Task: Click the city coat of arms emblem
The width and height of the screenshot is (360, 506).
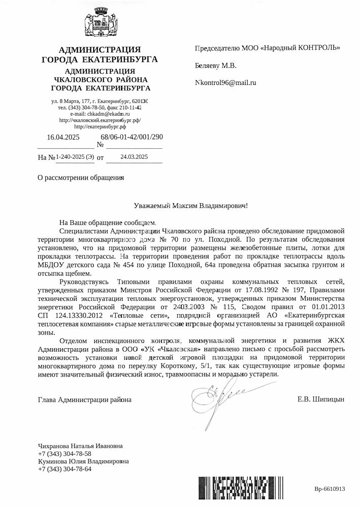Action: [100, 23]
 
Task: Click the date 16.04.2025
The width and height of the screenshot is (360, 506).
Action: [63, 137]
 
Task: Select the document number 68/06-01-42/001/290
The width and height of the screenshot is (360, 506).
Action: [132, 137]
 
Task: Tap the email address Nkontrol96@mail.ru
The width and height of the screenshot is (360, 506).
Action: [226, 82]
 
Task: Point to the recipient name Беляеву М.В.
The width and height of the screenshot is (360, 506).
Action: [216, 65]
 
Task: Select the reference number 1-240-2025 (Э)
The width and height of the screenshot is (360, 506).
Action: [75, 157]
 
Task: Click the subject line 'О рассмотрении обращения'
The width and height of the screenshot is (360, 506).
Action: [81, 178]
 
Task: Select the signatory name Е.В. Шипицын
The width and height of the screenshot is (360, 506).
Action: [321, 399]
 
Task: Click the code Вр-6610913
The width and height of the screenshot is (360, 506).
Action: [330, 489]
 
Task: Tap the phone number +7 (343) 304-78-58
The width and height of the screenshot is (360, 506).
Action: [64, 453]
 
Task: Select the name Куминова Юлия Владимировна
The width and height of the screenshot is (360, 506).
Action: [83, 461]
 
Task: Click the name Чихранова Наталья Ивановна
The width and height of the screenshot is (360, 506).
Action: [80, 446]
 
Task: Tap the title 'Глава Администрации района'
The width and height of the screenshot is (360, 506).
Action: [85, 400]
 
